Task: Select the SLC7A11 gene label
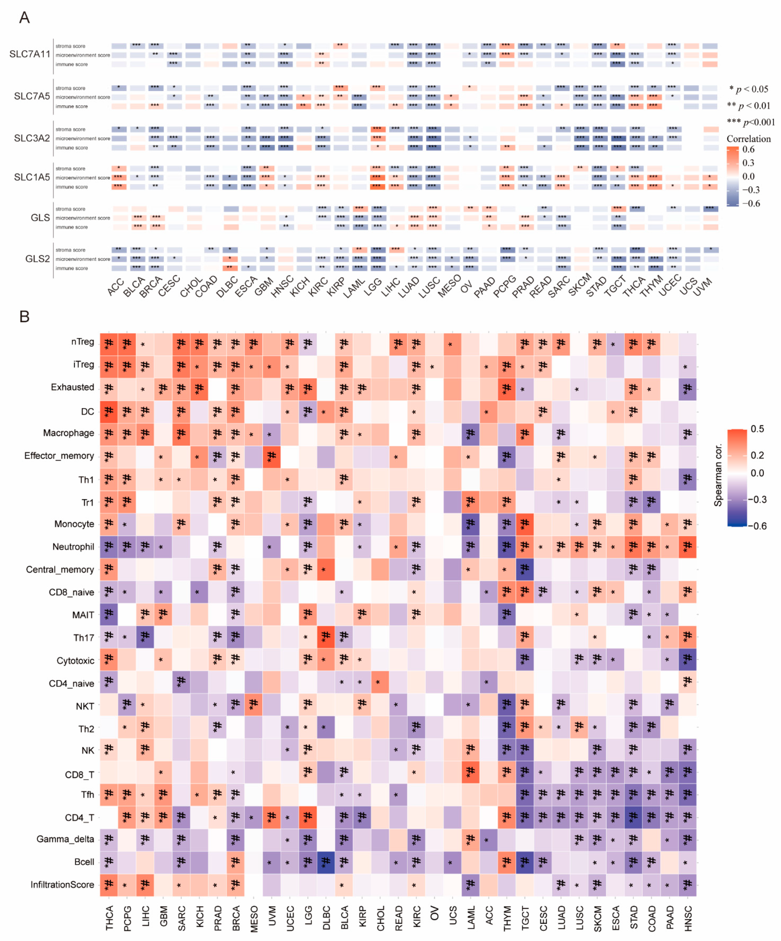[30, 54]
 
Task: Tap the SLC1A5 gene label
[32, 177]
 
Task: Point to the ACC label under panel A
[116, 287]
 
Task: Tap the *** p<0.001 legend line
[750, 122]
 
